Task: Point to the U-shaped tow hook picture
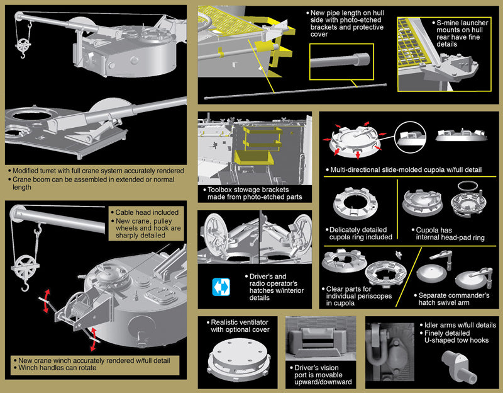click(458, 365)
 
